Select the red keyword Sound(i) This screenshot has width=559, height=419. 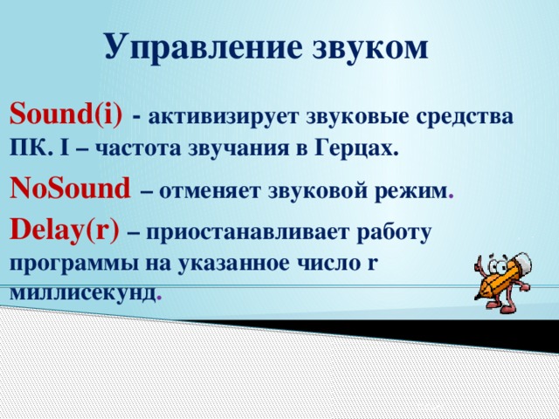coord(66,113)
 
